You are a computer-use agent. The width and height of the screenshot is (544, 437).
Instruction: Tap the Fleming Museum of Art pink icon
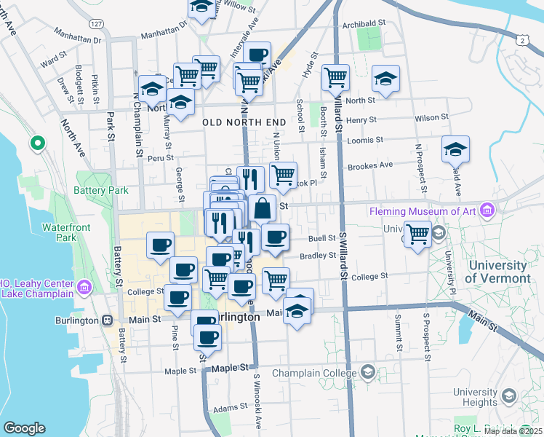(x=487, y=211)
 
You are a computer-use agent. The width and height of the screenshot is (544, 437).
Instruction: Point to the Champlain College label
(x=316, y=373)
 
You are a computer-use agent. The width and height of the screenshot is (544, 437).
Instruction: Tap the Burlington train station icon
(x=108, y=320)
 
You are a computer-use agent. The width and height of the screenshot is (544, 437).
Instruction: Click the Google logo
(x=24, y=428)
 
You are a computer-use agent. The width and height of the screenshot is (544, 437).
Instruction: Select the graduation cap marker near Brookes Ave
(x=455, y=150)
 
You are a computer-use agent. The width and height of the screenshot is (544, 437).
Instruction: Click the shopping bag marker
(x=262, y=208)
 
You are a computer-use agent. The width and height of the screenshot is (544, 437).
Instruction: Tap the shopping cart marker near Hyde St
(x=335, y=77)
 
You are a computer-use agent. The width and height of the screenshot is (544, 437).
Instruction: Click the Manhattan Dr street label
(x=164, y=33)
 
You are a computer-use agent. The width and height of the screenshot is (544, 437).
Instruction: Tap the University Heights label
(x=474, y=397)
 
